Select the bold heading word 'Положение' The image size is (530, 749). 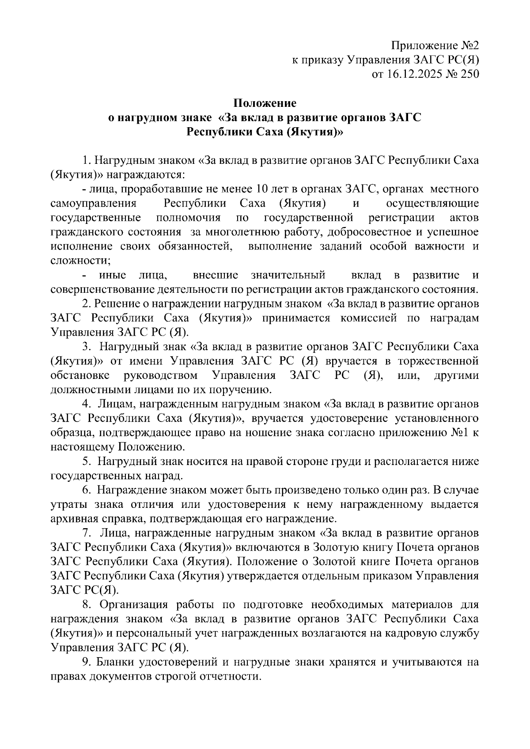click(265, 103)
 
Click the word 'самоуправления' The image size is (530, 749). click(93, 204)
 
